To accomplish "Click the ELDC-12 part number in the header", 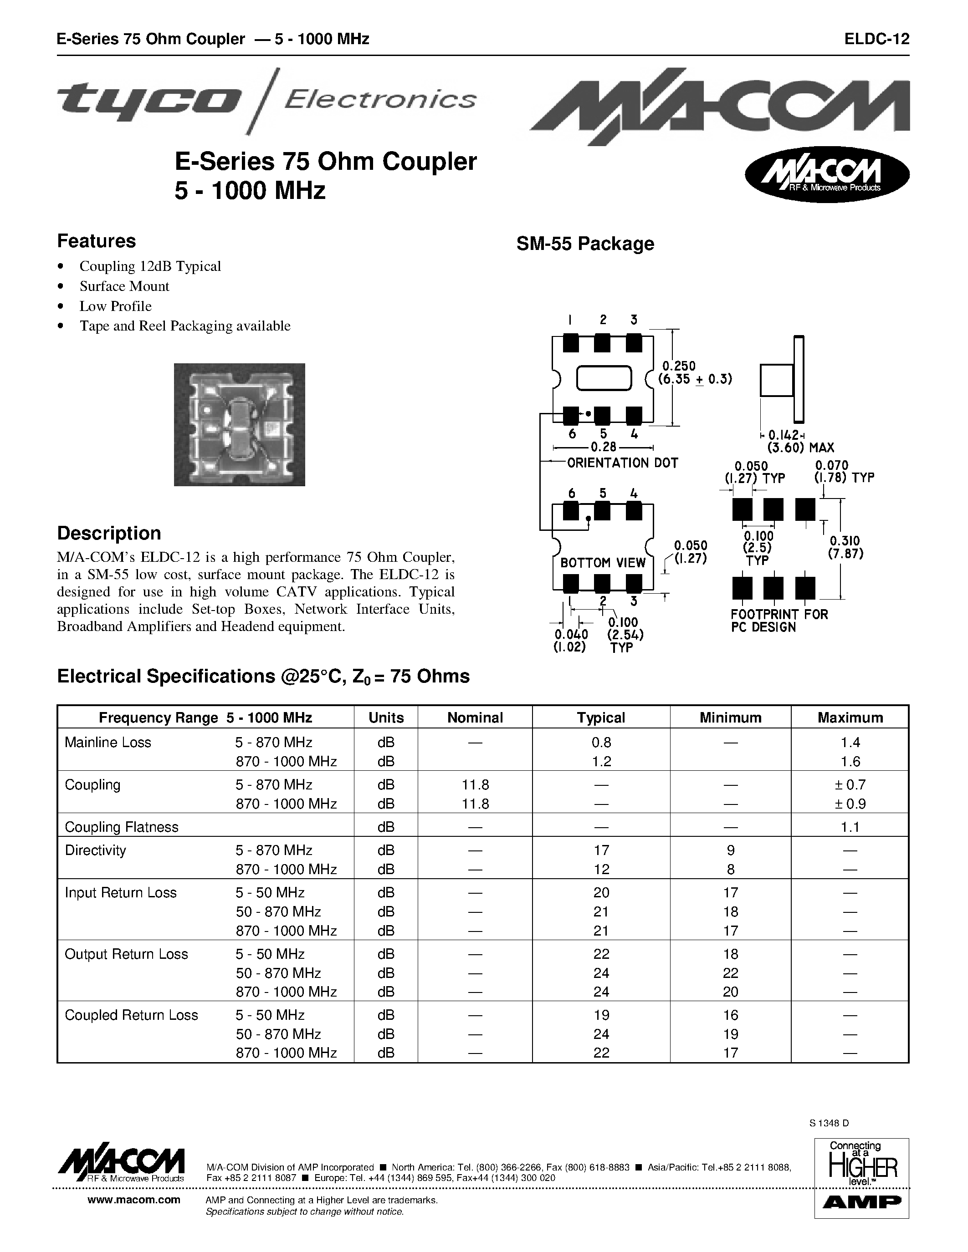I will point(877,39).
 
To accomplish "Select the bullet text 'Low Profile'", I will point(115,306).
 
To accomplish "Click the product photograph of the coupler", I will point(239,424).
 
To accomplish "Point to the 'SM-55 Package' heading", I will point(585,244).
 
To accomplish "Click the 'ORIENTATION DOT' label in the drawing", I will point(622,463).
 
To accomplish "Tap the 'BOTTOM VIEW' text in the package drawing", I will point(603,563).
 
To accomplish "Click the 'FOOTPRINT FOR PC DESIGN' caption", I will point(779,620).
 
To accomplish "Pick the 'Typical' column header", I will point(600,718).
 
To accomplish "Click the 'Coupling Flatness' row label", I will point(122,827).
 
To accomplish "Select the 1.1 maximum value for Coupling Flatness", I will point(850,827).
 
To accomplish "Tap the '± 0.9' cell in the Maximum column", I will point(850,804).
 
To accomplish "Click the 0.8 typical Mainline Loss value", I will point(600,743).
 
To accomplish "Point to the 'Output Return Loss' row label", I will point(126,954).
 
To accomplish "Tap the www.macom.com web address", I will point(133,1200).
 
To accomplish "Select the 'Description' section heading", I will point(109,533).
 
